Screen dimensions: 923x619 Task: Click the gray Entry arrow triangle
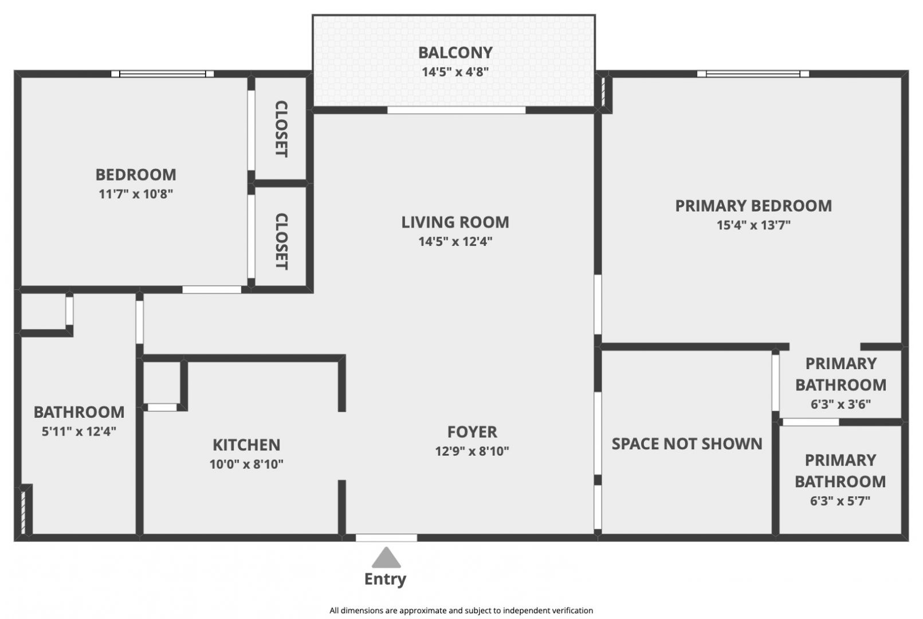(386, 558)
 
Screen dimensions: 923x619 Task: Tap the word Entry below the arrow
(385, 579)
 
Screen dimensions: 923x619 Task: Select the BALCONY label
(455, 53)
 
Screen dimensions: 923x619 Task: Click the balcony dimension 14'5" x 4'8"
(455, 72)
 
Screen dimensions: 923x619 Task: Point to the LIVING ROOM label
(455, 222)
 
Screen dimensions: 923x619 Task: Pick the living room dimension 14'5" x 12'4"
(455, 241)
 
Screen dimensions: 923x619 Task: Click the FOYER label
(472, 432)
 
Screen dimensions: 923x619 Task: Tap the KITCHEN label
(246, 445)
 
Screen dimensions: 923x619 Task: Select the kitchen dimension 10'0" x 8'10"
(246, 464)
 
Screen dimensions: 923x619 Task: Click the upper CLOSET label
(281, 128)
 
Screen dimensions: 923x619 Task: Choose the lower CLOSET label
(281, 241)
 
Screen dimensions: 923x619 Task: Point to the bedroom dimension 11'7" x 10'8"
(136, 194)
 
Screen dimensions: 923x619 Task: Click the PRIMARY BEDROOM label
(753, 206)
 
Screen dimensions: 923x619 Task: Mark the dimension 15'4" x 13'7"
(753, 225)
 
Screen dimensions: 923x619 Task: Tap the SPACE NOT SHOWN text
(687, 444)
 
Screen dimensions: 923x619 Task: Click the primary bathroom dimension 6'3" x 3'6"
(840, 404)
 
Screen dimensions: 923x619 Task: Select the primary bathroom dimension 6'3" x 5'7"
(840, 501)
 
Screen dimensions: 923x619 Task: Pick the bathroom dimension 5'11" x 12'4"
(78, 432)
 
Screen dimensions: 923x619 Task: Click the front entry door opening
(386, 538)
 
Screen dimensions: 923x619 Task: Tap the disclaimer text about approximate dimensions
(461, 610)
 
